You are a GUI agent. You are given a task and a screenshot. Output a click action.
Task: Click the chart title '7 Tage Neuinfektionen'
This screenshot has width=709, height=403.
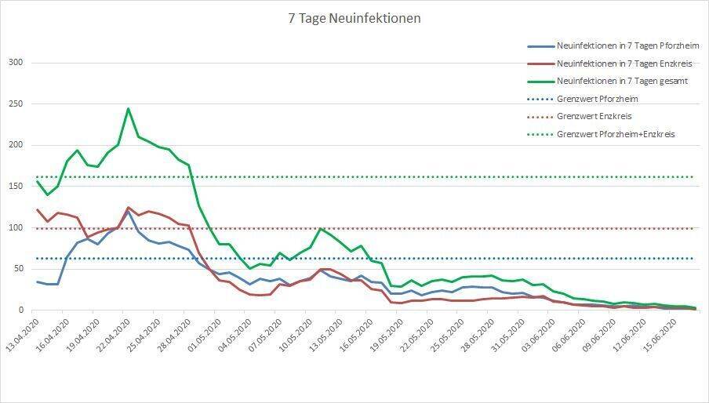click(x=354, y=18)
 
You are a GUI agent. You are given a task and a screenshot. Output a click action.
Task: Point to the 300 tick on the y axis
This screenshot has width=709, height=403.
click(x=16, y=63)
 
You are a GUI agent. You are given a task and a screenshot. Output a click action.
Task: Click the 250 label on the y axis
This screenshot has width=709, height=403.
click(x=16, y=104)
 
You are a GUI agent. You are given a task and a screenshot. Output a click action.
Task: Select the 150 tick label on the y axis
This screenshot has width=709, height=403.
click(x=16, y=187)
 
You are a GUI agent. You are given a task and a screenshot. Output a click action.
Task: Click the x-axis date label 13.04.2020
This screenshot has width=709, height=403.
click(x=21, y=336)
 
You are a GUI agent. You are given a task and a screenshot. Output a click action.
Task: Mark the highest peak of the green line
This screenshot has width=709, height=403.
click(x=128, y=109)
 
